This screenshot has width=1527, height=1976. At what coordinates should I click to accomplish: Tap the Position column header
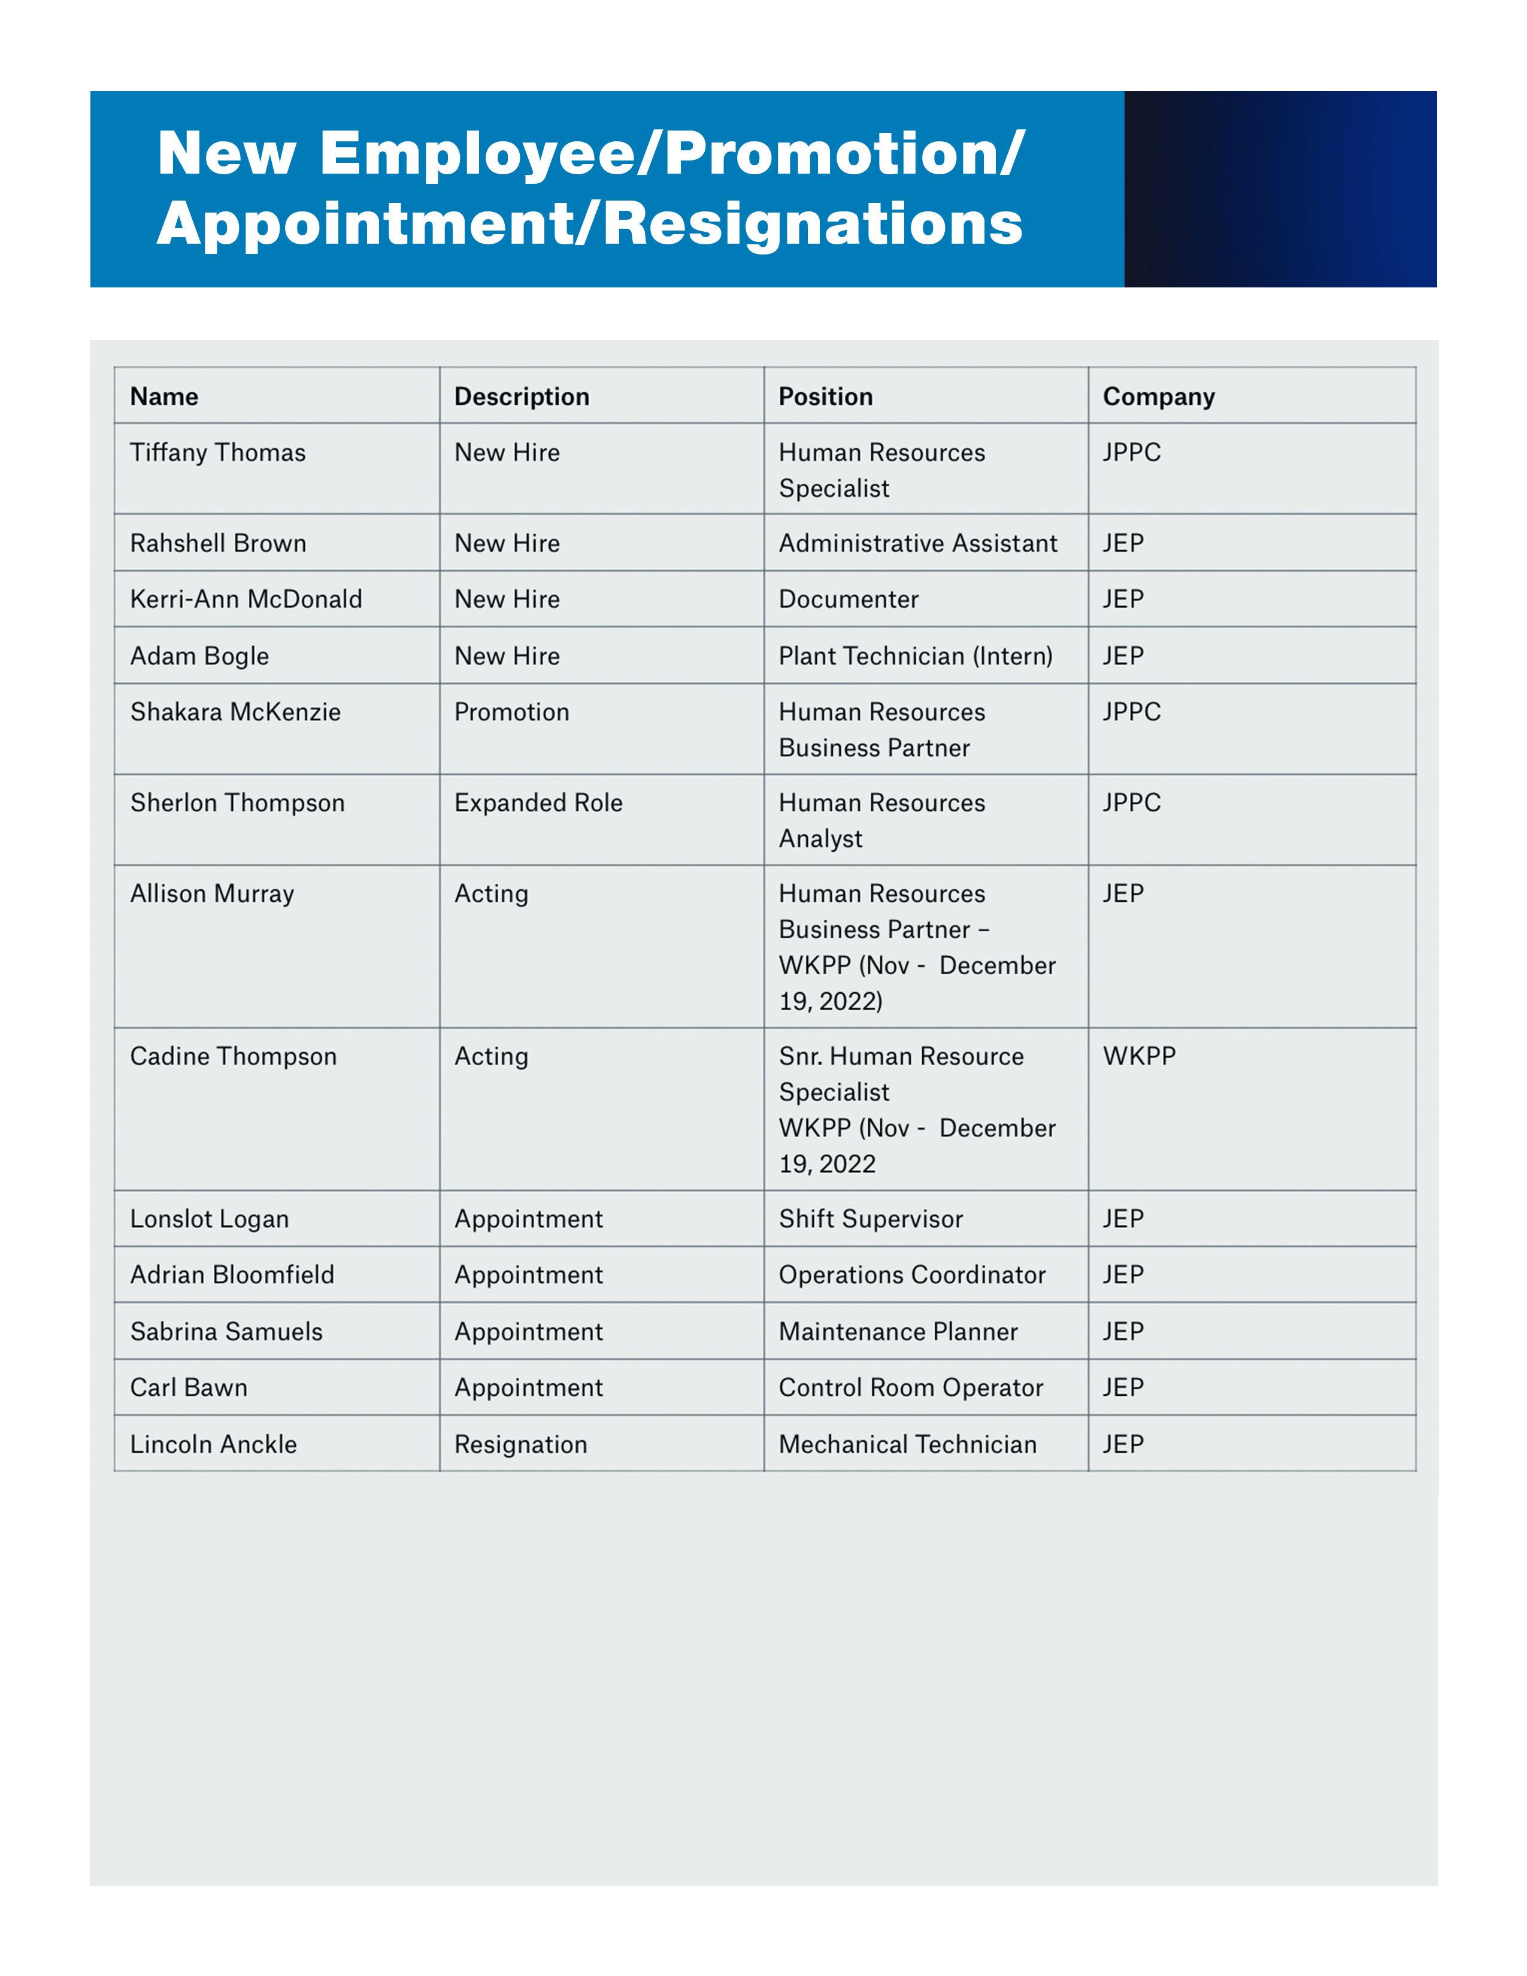[x=825, y=396]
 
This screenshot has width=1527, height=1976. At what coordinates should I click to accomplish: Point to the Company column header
[x=1158, y=396]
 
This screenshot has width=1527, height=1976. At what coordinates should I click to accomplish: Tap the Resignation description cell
[x=520, y=1444]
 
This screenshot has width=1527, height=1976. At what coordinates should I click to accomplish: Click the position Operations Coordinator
[x=912, y=1275]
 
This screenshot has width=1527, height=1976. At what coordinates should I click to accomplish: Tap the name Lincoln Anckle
[x=214, y=1444]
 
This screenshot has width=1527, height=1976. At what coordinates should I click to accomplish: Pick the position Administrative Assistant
[x=917, y=543]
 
